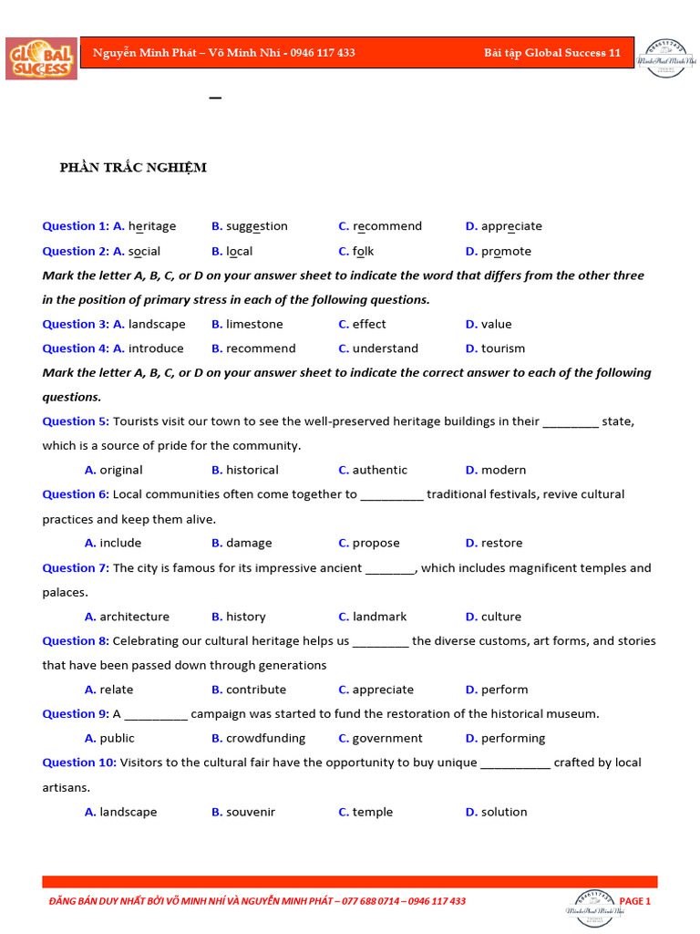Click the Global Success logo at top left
coord(41,58)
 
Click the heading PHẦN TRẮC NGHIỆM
coord(133,167)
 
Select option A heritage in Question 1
coord(151,226)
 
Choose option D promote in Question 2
coord(505,251)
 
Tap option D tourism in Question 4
coord(502,348)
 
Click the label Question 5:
coord(76,421)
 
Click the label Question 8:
coord(76,640)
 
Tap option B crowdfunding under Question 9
coord(265,738)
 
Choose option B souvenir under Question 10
coord(250,812)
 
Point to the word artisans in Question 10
coord(66,787)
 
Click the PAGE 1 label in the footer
coord(635,901)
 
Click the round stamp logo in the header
coord(671,58)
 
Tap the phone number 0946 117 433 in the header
coord(323,53)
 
